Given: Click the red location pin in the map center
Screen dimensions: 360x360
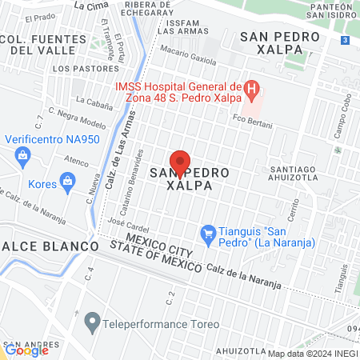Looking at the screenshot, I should pos(181,161).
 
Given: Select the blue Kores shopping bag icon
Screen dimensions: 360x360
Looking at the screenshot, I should pos(69,183).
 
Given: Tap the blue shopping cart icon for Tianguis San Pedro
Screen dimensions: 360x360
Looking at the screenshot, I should pos(208,233).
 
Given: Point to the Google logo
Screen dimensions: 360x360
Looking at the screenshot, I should pos(26,350).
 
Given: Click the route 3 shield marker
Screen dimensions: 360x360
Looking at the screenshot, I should pos(344,40).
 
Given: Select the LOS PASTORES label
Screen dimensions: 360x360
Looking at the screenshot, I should pos(80,69).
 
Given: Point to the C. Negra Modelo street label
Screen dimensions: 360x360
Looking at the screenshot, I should pos(77,118).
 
